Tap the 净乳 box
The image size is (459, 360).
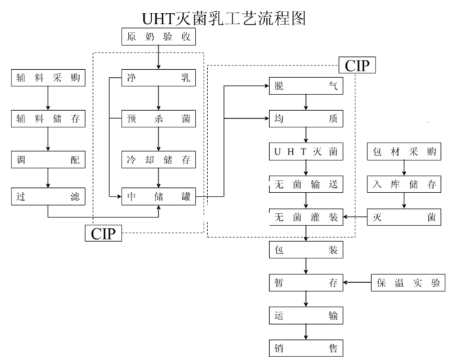[158, 77]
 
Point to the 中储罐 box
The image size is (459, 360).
[158, 195]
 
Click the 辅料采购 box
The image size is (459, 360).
[48, 77]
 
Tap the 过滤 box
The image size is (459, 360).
[48, 195]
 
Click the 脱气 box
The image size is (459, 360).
[306, 86]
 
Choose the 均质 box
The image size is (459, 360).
[306, 119]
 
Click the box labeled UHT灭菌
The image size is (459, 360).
[306, 151]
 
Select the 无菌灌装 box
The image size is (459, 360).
[306, 217]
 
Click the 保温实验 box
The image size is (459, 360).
[407, 282]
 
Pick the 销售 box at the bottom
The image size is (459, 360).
[306, 348]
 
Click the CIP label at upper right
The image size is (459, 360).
[357, 66]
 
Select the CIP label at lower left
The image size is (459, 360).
[103, 233]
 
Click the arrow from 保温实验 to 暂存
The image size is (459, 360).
[358, 282]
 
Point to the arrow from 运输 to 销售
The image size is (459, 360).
[306, 331]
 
